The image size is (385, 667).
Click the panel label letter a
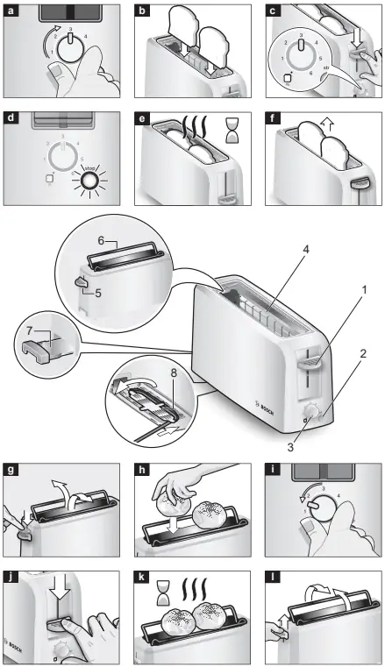tap(11, 11)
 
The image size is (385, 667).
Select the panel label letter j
tap(11, 578)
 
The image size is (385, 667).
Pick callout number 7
tap(30, 331)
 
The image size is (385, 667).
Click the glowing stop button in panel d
tap(89, 181)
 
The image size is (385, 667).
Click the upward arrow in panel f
tap(328, 126)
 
